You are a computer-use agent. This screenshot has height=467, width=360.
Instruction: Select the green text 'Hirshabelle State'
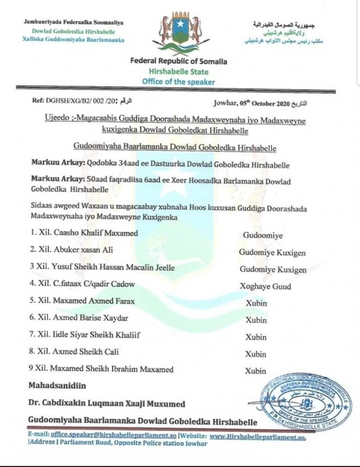coord(179,71)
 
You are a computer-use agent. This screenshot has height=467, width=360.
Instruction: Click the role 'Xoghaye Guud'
coord(266,286)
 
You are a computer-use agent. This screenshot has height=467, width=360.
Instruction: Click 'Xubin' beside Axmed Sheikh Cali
coord(255,354)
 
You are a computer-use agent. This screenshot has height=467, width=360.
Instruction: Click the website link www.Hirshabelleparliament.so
coord(257,437)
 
